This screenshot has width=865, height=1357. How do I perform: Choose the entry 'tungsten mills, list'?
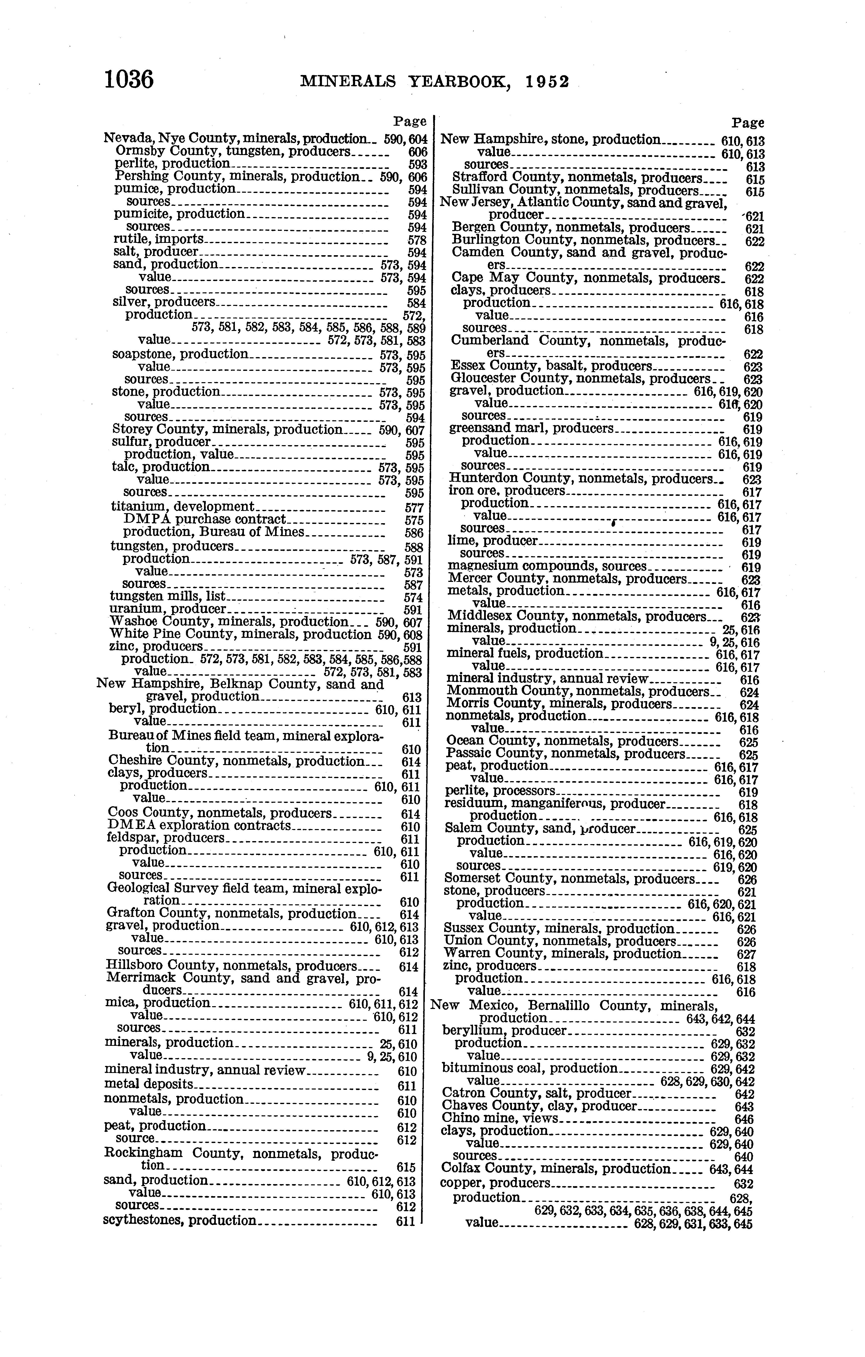tap(167, 596)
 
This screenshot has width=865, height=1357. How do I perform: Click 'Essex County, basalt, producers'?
tap(551, 366)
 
